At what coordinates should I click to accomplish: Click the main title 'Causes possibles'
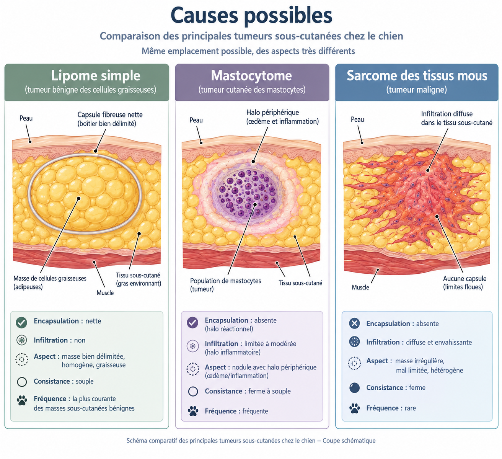[x=251, y=16]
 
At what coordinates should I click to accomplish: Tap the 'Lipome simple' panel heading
[x=96, y=75]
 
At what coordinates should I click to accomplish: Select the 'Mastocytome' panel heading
[x=251, y=75]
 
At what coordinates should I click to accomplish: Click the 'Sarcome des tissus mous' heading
[x=417, y=75]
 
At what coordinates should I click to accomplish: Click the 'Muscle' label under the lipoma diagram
[x=105, y=293]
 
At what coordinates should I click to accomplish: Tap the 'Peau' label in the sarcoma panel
[x=357, y=119]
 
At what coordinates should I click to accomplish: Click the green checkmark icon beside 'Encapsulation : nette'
[x=21, y=322]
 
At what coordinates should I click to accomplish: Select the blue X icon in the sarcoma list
[x=354, y=323]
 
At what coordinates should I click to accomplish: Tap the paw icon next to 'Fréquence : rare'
[x=354, y=408]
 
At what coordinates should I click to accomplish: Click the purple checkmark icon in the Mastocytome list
[x=193, y=322]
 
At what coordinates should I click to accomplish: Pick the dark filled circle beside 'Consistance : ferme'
[x=354, y=388]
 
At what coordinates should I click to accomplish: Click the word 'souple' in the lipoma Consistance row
[x=85, y=381]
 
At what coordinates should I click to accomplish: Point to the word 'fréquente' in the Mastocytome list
[x=255, y=411]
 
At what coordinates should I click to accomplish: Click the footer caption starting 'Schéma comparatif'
[x=251, y=441]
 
